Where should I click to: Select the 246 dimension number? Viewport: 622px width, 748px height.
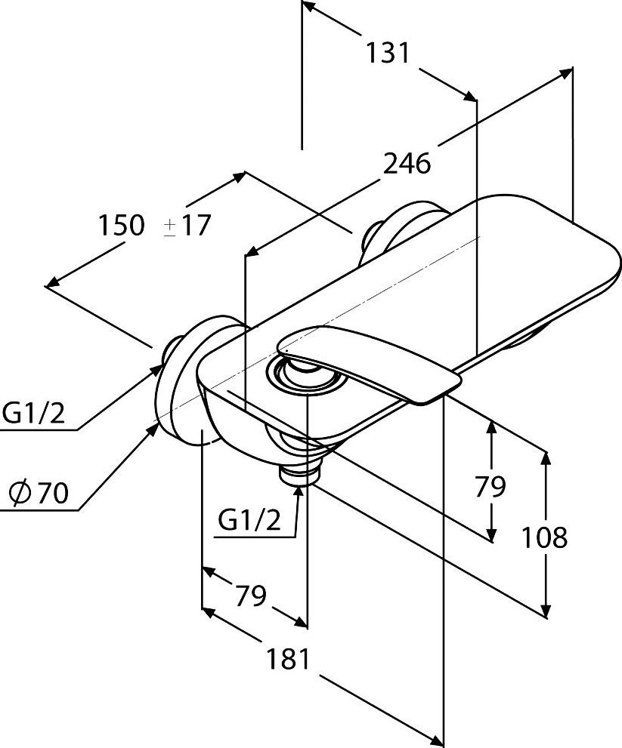tap(406, 163)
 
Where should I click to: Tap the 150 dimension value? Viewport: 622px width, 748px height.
tap(121, 225)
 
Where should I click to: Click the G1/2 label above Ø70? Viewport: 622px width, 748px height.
tap(34, 413)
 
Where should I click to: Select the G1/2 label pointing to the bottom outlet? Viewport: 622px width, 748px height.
tap(248, 520)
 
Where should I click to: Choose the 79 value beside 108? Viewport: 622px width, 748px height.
tap(490, 487)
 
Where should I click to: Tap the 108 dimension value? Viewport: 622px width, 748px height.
tap(544, 537)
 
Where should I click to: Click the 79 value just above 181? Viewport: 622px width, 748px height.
tap(250, 596)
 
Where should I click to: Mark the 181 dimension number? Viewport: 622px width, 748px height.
tap(287, 659)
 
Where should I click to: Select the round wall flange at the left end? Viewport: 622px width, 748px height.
tap(181, 381)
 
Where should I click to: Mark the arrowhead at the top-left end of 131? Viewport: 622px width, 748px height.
tap(308, 8)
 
